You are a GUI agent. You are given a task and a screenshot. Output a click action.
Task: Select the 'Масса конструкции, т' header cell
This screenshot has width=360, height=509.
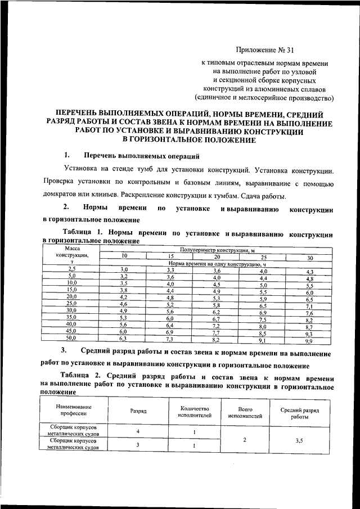pos(71,254)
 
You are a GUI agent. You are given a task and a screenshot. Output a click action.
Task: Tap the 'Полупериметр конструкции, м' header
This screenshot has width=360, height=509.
pos(217,249)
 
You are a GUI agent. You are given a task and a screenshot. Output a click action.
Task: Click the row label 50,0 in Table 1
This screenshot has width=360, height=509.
pos(71,339)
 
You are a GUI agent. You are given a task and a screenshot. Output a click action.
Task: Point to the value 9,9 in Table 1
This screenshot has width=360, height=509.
pos(309,341)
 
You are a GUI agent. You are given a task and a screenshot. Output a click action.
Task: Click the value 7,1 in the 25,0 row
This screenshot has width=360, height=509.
pos(309,306)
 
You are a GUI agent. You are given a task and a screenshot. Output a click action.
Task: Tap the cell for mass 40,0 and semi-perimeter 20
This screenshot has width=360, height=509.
pos(216,326)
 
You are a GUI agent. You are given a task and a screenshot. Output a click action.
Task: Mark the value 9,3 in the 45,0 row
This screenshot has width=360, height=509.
pos(309,334)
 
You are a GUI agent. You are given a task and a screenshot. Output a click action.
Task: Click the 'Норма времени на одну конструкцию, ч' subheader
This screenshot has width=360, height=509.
pos(217,263)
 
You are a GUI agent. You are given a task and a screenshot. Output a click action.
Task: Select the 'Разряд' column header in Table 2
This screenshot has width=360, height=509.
pos(138,411)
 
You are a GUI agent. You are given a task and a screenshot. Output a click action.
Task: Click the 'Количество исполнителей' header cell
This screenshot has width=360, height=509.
pos(195,411)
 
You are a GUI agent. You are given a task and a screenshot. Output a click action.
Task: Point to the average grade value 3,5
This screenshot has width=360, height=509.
pos(299,440)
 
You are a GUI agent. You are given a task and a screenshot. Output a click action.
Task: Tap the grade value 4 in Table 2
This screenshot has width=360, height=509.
pos(138,432)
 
